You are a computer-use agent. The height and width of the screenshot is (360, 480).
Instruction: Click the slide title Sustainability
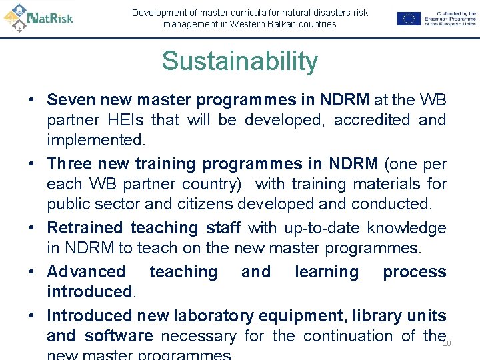(x=239, y=61)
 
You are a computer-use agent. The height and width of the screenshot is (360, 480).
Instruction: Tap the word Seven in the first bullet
(x=69, y=100)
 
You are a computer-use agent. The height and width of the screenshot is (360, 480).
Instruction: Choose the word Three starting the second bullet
(x=70, y=164)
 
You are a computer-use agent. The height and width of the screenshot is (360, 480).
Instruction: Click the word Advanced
(x=86, y=272)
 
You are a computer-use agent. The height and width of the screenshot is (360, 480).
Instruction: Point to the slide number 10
(x=447, y=344)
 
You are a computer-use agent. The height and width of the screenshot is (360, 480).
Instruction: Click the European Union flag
(x=409, y=19)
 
